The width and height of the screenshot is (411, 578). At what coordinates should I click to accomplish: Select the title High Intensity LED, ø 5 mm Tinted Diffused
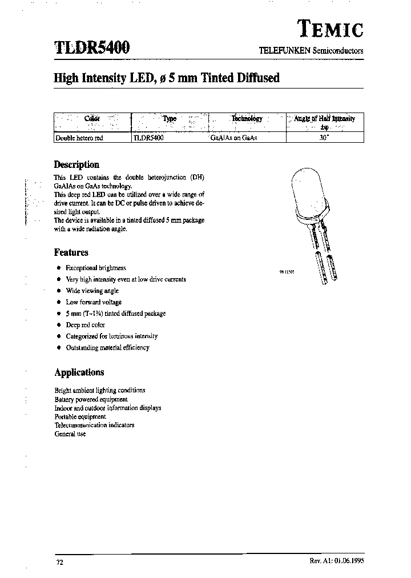click(x=167, y=78)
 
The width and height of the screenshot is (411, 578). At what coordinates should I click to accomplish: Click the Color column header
click(x=92, y=119)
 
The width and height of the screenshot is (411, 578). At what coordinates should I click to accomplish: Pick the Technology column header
click(x=247, y=119)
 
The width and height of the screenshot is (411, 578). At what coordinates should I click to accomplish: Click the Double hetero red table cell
click(x=79, y=138)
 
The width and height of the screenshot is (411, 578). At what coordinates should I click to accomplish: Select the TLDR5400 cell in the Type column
click(x=148, y=138)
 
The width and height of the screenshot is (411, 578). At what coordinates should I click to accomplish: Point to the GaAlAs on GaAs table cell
click(x=234, y=138)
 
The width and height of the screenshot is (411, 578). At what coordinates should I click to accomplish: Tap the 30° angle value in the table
click(x=324, y=138)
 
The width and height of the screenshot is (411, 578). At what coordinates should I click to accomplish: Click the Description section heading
click(x=76, y=164)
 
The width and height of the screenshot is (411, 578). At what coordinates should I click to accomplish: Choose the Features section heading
click(x=71, y=252)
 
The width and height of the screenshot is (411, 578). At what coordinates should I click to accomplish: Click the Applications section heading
click(x=79, y=372)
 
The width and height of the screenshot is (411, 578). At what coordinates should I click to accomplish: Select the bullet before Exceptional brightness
click(x=58, y=268)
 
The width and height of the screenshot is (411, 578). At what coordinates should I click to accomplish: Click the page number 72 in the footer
click(x=59, y=563)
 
